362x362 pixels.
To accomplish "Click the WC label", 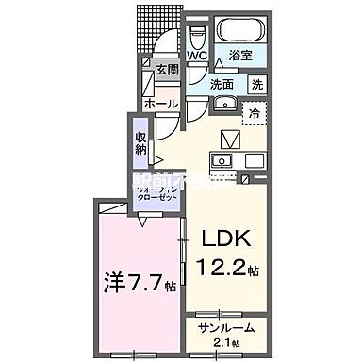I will click(x=196, y=54).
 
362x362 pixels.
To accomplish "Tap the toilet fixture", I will click(x=196, y=38).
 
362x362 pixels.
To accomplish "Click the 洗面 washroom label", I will click(x=222, y=83).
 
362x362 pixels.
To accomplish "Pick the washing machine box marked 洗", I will click(x=257, y=83).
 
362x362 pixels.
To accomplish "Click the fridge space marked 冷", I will click(x=255, y=113).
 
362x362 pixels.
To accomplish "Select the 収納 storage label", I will click(x=140, y=142).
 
